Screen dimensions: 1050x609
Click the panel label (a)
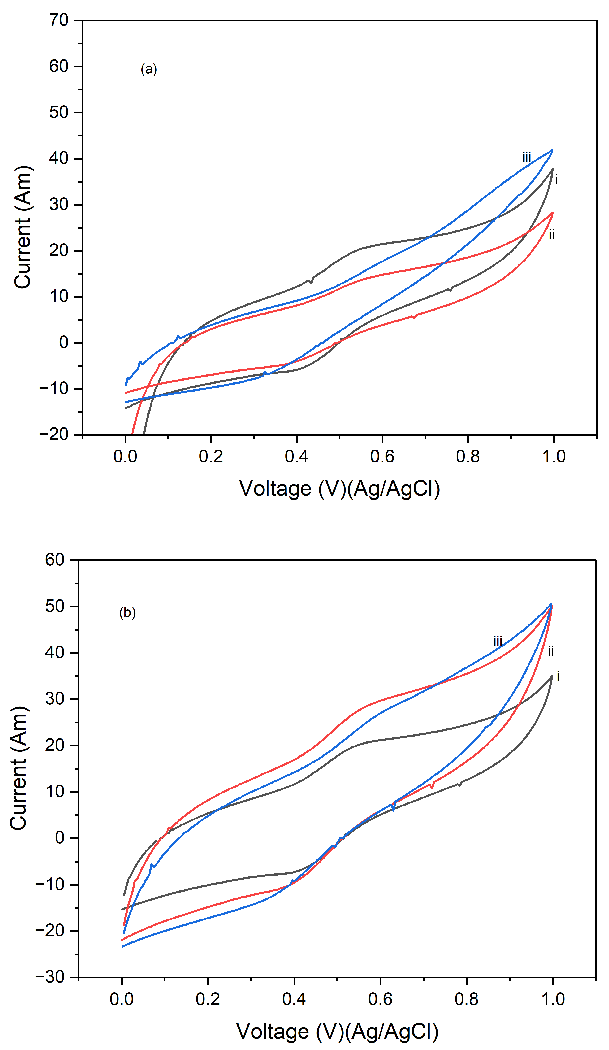[149, 69]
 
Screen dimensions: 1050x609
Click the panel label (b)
[127, 613]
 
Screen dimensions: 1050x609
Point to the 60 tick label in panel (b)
[55, 560]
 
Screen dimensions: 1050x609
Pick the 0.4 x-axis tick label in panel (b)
[294, 999]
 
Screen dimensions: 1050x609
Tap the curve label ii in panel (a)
[552, 235]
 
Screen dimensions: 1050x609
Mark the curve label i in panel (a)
[557, 180]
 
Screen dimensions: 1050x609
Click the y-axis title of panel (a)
[23, 227]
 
